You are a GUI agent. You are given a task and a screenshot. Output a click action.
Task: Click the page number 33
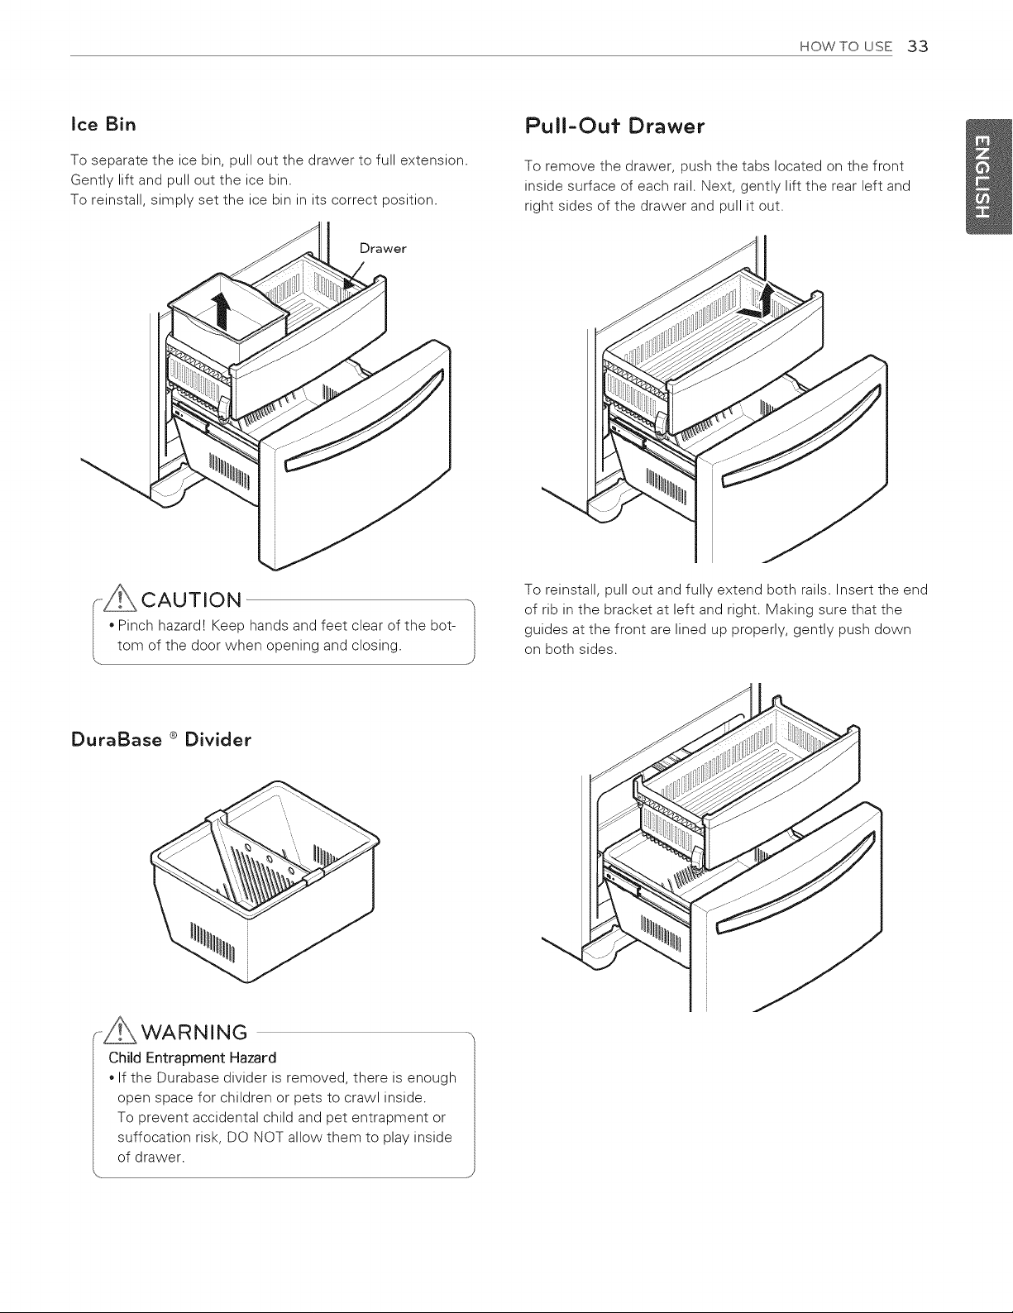(x=917, y=46)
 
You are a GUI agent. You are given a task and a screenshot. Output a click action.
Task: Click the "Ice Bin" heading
(x=103, y=124)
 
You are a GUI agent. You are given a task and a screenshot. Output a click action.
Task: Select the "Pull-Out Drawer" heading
(x=614, y=127)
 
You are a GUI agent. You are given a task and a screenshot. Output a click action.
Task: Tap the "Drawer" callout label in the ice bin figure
(x=383, y=248)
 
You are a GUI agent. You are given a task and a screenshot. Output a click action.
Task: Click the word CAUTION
(x=192, y=600)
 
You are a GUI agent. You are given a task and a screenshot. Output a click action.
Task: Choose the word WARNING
(x=194, y=1032)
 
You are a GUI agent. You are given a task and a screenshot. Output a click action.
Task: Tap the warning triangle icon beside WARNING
(x=122, y=1030)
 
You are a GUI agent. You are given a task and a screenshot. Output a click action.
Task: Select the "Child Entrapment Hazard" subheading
(x=192, y=1058)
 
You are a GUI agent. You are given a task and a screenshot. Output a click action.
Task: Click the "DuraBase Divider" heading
(x=160, y=739)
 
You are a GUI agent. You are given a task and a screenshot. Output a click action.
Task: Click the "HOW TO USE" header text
(x=845, y=46)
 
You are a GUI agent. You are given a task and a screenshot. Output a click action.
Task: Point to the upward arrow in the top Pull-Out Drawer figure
(x=766, y=300)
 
